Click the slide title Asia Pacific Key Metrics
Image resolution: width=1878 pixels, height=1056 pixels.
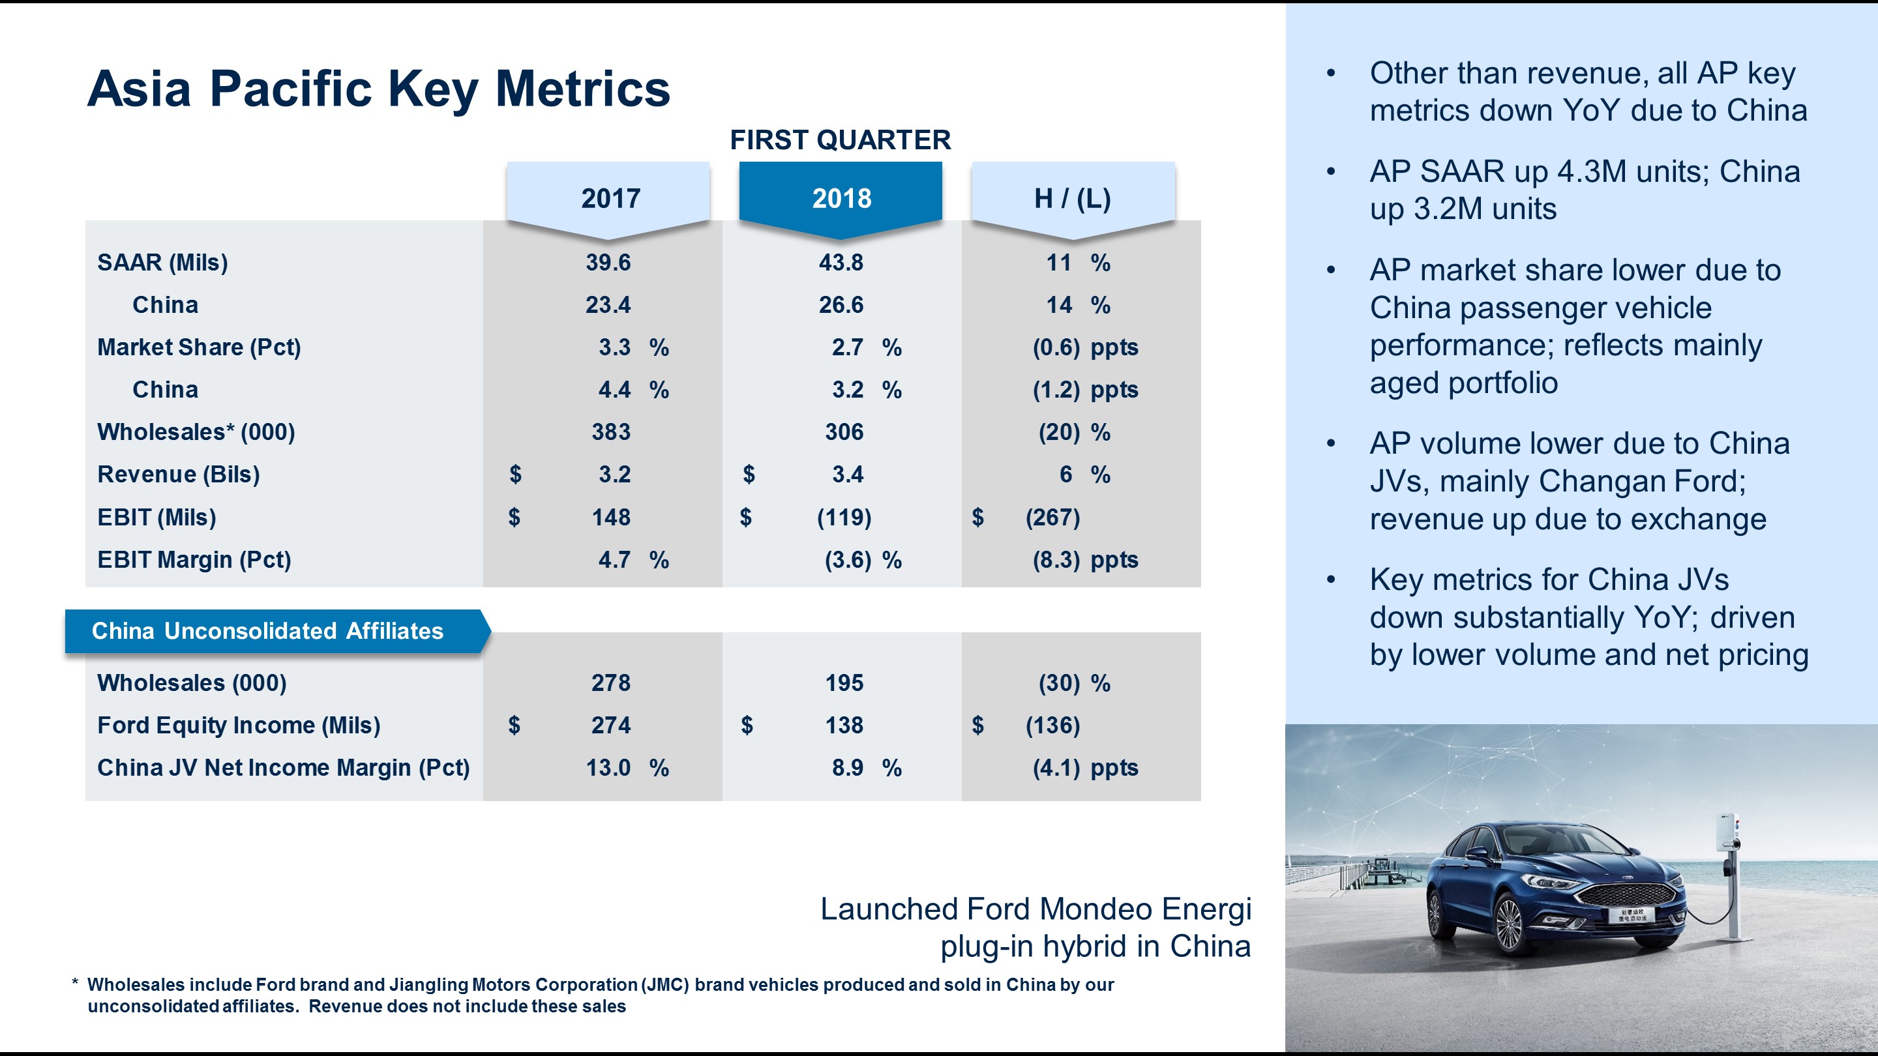tap(378, 89)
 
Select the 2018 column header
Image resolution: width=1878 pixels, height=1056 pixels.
tap(841, 198)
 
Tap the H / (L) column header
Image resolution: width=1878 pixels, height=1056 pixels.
tap(1073, 198)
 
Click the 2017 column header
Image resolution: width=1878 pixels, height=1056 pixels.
tap(610, 198)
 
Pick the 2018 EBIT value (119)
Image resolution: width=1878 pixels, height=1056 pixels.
tap(844, 518)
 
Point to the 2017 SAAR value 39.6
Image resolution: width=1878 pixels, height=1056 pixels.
tap(608, 262)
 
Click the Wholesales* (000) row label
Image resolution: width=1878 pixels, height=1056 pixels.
tap(196, 432)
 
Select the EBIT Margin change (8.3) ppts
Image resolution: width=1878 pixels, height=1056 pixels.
tap(1085, 560)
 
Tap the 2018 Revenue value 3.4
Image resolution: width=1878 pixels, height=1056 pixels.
tap(847, 475)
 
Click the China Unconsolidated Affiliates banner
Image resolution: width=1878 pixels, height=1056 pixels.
tap(267, 630)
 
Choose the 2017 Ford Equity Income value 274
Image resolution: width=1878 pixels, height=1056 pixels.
tap(610, 725)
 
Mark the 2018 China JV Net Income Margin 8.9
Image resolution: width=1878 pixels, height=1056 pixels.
tap(847, 767)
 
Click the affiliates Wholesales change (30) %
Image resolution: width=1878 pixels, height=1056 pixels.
tap(1074, 683)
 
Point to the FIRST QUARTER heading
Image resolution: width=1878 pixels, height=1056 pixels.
tap(840, 140)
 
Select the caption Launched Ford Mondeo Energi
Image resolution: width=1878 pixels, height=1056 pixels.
tap(1036, 909)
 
